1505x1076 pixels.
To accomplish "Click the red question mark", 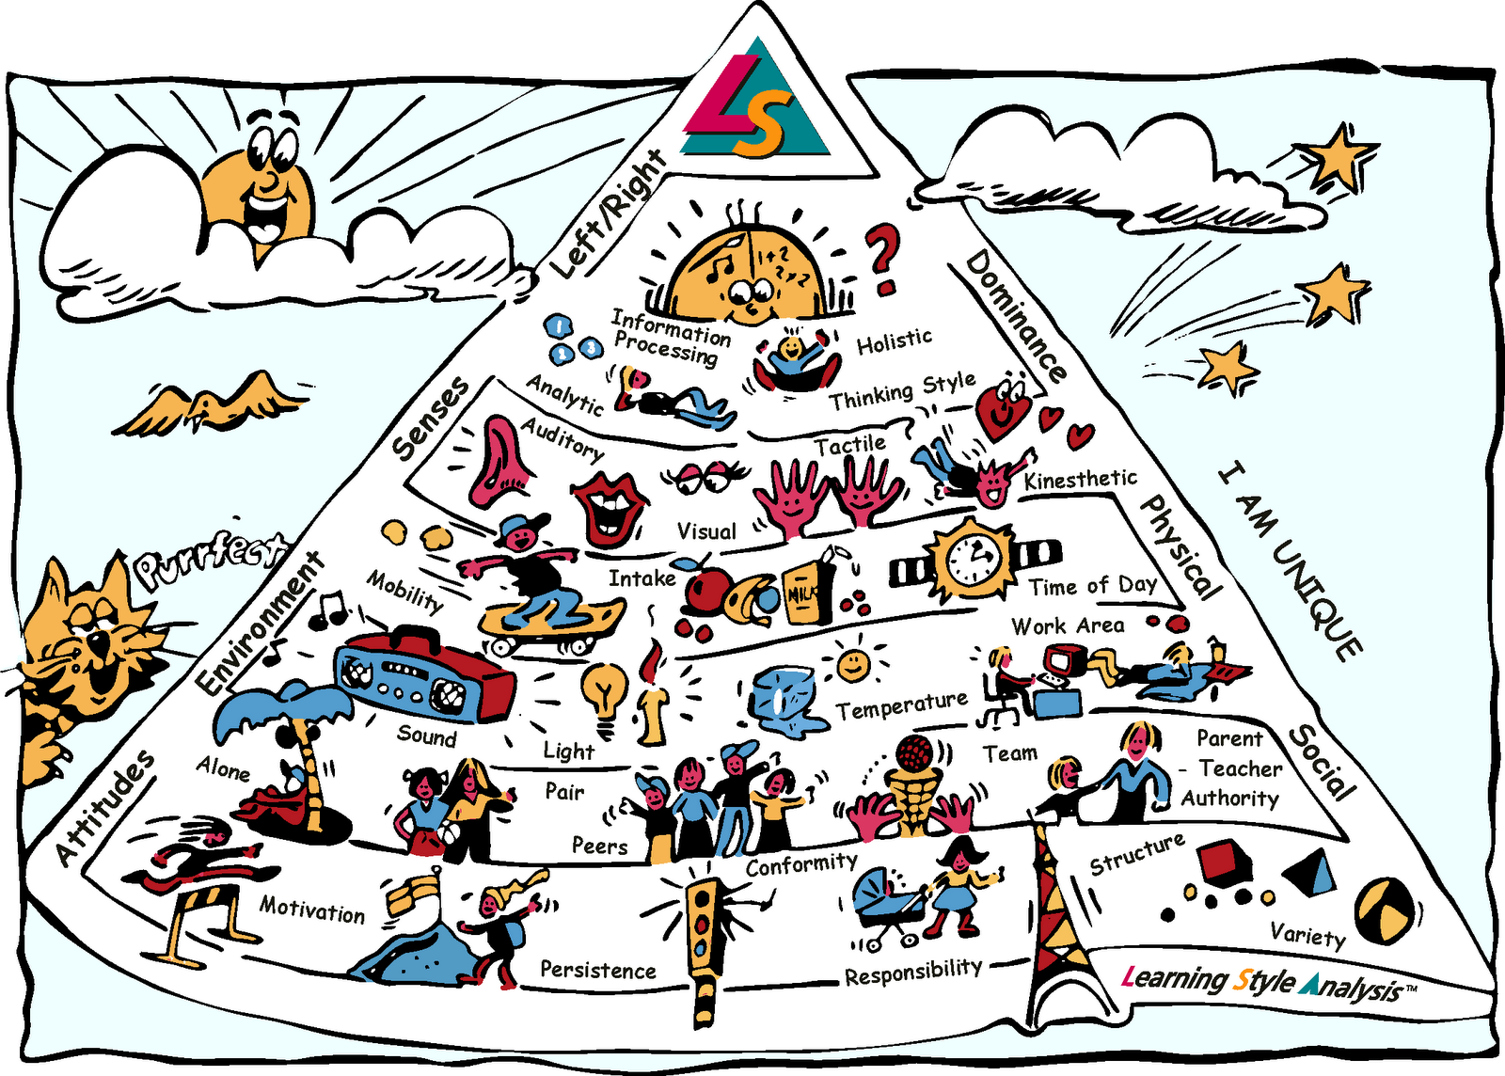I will (x=883, y=259).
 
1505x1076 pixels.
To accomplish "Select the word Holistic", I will (x=894, y=341).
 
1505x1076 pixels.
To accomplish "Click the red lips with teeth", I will (x=609, y=508).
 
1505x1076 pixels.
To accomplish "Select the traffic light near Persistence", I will (x=705, y=941).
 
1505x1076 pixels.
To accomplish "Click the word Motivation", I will (x=312, y=910).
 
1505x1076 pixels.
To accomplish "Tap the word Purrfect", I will (x=209, y=562).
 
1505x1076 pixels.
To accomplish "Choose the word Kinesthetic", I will (x=1080, y=480).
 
